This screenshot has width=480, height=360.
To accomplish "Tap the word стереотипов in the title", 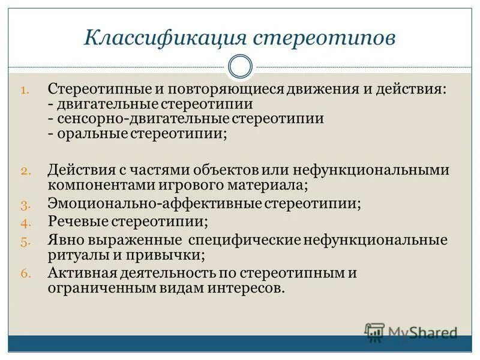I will [x=324, y=38].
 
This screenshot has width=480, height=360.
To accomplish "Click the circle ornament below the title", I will [x=240, y=66].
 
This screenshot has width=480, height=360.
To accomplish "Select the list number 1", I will [x=25, y=91].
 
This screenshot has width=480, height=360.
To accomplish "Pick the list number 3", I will [x=25, y=205].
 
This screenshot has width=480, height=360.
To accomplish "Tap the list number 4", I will [x=25, y=223].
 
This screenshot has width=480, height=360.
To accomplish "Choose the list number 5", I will [x=25, y=241].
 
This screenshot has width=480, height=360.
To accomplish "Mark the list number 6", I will [x=25, y=274].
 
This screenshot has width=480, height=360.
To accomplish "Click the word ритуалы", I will [x=75, y=255].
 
